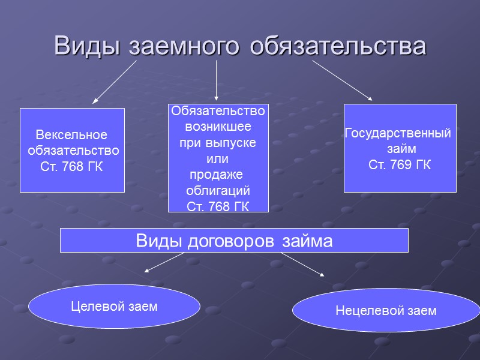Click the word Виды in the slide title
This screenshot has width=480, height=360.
88,46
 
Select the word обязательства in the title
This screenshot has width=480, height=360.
338,46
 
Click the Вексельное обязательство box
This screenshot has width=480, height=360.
72,150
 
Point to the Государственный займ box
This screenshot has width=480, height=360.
400,148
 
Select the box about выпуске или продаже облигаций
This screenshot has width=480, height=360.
218,158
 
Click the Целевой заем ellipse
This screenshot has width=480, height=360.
114,306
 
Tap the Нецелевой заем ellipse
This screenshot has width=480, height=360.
386,310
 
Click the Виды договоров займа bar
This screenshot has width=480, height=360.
234,241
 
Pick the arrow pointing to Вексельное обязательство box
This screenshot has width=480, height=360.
115,82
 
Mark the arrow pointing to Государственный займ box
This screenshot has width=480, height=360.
342,80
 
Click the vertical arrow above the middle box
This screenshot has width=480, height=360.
216,80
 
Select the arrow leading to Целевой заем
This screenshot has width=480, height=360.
164,262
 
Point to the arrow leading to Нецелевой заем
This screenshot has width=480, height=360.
302,264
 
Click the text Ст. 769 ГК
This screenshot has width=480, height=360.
399,165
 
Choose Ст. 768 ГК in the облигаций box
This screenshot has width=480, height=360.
218,207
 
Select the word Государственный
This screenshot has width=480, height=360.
397,133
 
